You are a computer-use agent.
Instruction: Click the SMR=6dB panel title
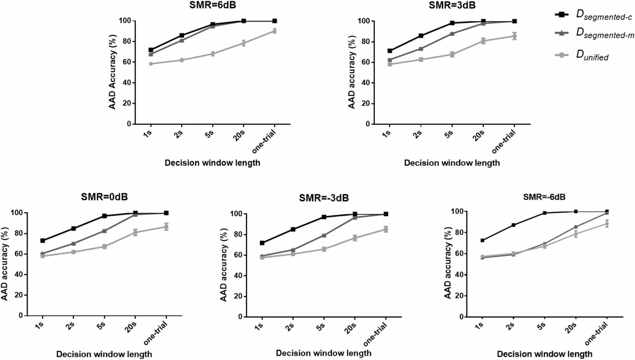[x=212, y=5]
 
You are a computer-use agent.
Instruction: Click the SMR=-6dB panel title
[x=544, y=197]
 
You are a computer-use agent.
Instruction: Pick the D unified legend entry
[x=582, y=56]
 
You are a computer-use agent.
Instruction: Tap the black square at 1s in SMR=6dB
[x=151, y=50]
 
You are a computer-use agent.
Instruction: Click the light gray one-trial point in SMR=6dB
[x=275, y=31]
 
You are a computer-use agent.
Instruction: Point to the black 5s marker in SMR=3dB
[x=452, y=23]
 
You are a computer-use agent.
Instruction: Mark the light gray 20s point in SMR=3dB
[x=483, y=41]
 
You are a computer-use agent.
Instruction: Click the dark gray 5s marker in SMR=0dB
[x=104, y=231]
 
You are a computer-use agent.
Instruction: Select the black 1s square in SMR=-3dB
[x=262, y=243]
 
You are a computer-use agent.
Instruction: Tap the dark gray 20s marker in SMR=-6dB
[x=575, y=227]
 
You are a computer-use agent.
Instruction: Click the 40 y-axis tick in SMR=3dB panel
[x=365, y=83]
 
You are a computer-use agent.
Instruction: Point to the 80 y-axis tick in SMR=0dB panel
[x=18, y=233]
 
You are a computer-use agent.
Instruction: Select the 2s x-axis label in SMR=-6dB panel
[x=510, y=326]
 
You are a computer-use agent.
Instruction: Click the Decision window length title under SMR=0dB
[x=104, y=354]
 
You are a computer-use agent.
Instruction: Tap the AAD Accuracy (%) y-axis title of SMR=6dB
[x=112, y=72]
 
